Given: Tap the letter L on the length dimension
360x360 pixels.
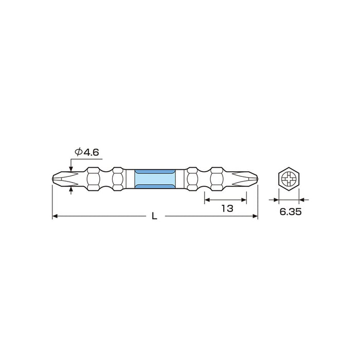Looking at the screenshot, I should click(154, 218).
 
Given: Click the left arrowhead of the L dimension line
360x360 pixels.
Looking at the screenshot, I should click(55, 217).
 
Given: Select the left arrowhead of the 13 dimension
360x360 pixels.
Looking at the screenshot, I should click(208, 198).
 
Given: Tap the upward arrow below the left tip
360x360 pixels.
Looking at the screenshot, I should click(71, 191).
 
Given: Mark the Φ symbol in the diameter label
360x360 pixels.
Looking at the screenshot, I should click(79, 152).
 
